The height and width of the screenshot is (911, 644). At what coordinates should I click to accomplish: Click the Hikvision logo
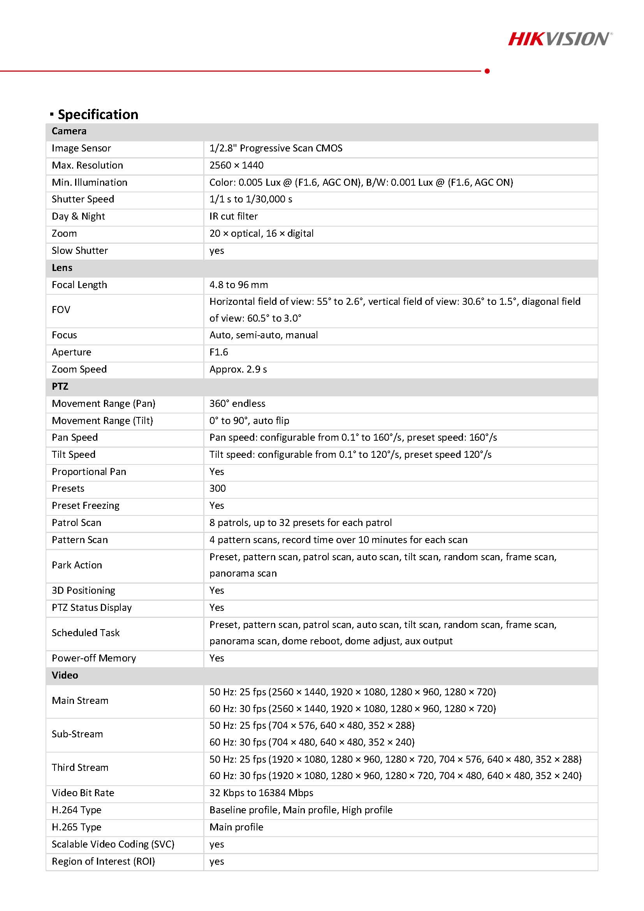pos(560,39)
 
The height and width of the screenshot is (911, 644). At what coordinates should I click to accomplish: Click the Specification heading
pos(98,114)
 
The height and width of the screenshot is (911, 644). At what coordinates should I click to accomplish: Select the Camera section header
pos(69,131)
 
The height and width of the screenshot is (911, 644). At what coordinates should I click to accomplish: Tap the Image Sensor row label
pos(81,148)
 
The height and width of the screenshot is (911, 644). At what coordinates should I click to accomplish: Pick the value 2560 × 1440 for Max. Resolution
pos(236,165)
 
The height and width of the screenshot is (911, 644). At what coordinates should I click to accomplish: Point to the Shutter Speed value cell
pos(251,199)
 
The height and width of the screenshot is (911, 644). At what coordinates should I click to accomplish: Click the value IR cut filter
pos(234,216)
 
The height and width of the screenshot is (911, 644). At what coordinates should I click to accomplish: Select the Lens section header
pos(62,267)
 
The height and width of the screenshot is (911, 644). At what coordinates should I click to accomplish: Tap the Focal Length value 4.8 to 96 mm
pos(239,285)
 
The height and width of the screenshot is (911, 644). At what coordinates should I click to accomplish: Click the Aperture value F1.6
pos(219,352)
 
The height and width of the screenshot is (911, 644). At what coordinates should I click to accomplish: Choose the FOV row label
pos(61,310)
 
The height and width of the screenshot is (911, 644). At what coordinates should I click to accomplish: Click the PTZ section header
pos(60,386)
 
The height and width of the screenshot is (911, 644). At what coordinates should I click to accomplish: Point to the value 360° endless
pos(237,403)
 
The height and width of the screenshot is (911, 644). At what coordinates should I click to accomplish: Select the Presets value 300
pos(217,488)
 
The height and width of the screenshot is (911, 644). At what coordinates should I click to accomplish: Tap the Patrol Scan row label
pos(77,522)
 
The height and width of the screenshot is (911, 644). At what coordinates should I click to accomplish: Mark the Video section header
pos(65,675)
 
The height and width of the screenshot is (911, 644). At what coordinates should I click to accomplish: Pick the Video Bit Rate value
pos(262,792)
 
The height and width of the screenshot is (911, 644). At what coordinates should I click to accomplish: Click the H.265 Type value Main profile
pos(236,827)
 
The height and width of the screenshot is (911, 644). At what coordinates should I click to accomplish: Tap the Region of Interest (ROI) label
pos(104,861)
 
